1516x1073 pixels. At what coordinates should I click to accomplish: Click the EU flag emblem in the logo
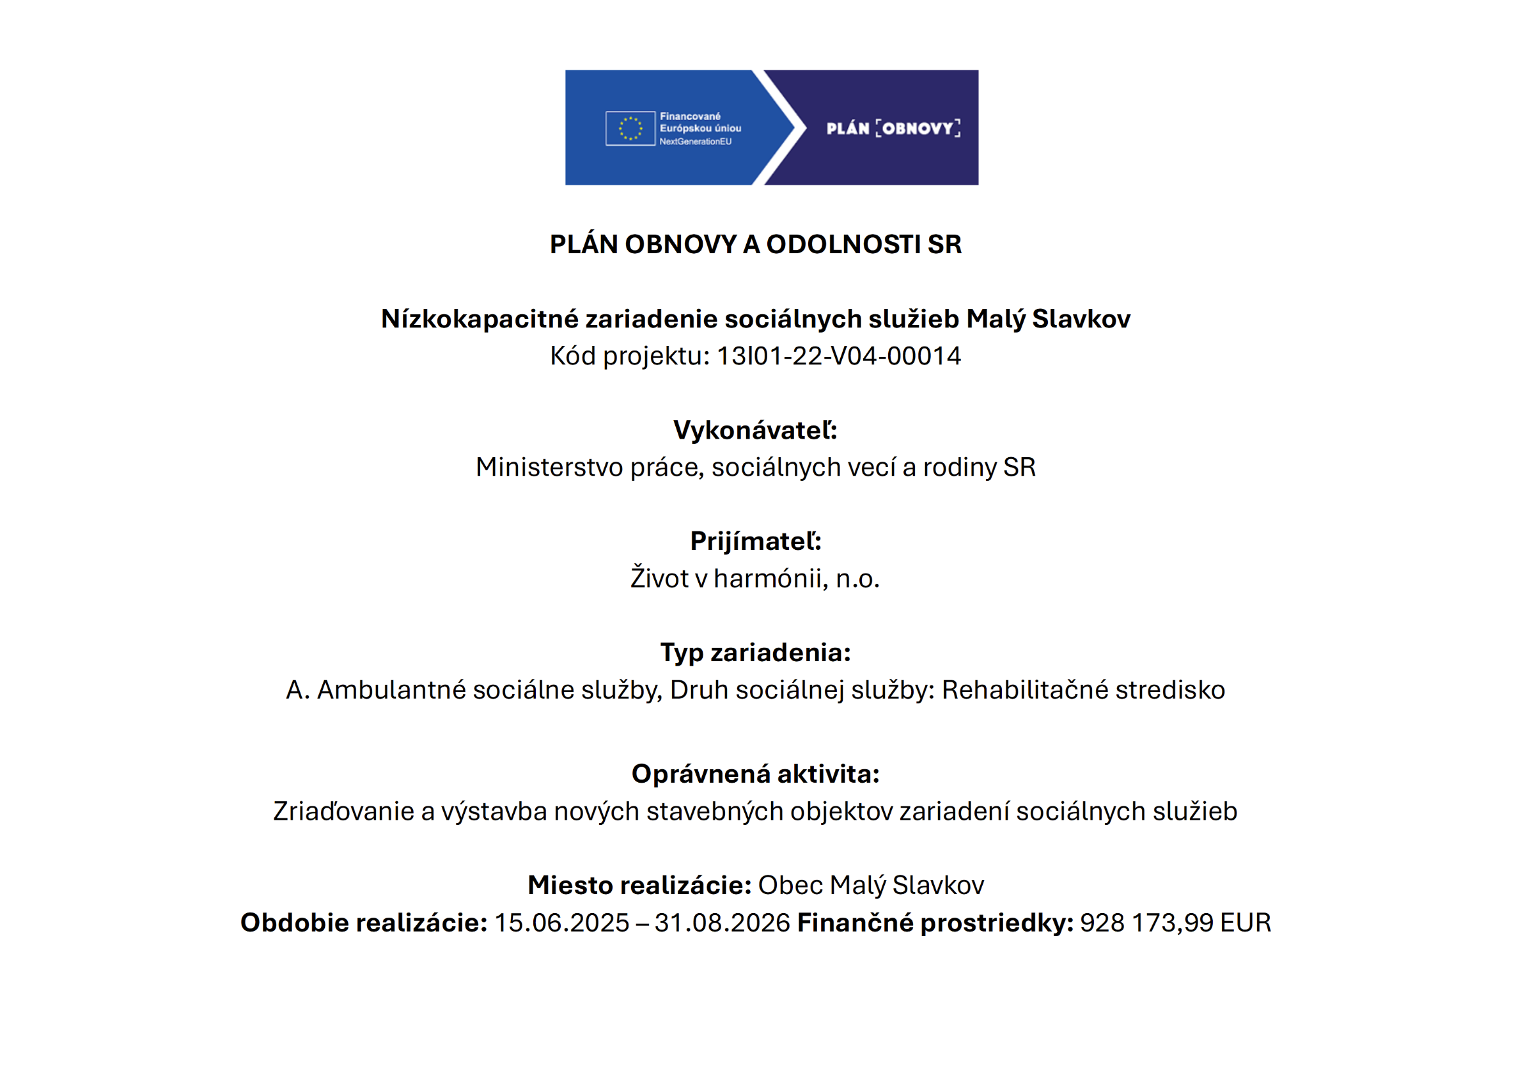click(630, 128)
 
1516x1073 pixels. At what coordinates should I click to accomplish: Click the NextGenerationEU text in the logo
click(695, 142)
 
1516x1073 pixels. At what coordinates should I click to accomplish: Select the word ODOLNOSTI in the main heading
click(843, 244)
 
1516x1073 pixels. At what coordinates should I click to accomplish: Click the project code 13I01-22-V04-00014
click(838, 356)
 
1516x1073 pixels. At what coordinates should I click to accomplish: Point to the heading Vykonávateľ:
click(755, 430)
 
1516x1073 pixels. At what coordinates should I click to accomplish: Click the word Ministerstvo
click(549, 468)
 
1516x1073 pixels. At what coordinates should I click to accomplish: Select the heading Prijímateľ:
click(755, 541)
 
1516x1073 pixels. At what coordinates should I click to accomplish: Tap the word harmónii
click(771, 579)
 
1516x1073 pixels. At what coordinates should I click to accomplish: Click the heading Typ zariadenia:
click(755, 653)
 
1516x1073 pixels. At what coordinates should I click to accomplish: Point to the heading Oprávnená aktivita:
click(755, 774)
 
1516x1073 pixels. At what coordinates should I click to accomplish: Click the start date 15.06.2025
click(561, 923)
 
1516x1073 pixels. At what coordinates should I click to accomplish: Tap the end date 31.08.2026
click(722, 923)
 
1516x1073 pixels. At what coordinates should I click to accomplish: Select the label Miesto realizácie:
click(639, 886)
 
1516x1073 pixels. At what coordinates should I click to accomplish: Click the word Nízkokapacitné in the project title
click(480, 319)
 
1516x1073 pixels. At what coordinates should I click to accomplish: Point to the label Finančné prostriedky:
click(935, 923)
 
